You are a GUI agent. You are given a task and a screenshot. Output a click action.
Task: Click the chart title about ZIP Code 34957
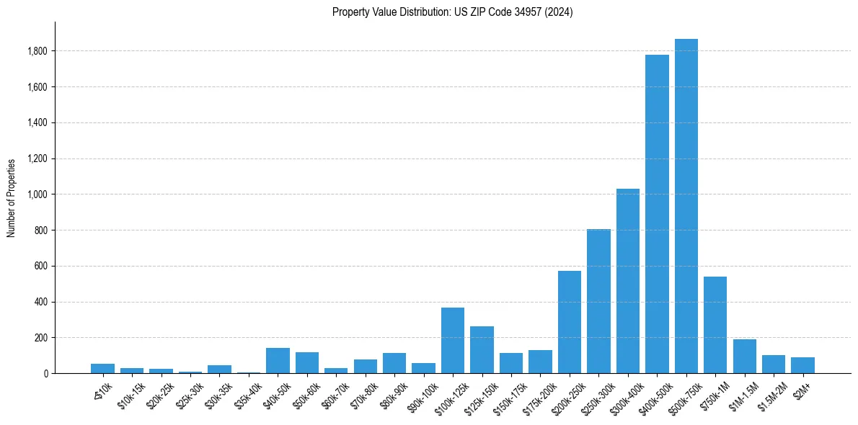[452, 12]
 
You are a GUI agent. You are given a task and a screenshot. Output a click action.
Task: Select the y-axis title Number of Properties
[12, 197]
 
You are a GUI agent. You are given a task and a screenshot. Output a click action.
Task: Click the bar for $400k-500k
[657, 214]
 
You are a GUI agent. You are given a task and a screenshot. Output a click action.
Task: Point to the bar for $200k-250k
[570, 322]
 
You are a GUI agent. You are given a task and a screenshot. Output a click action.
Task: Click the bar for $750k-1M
[715, 325]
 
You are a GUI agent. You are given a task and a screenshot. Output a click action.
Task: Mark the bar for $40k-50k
[278, 360]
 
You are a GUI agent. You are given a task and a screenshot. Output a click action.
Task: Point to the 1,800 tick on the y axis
[37, 51]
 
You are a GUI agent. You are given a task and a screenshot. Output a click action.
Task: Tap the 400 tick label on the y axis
[42, 302]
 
